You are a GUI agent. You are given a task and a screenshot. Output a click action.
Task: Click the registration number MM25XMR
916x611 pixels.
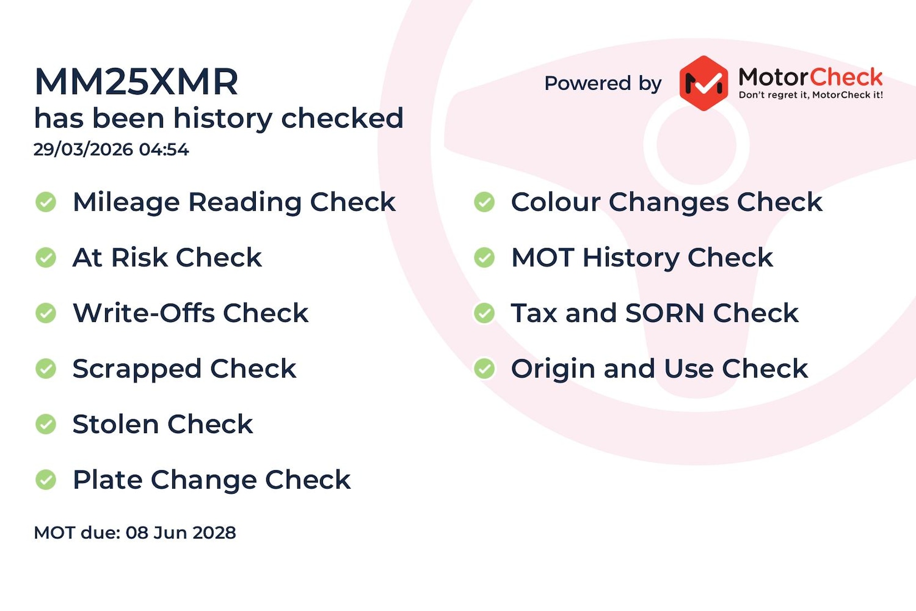click(136, 81)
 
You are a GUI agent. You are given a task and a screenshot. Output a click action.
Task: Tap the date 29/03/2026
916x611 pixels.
click(83, 149)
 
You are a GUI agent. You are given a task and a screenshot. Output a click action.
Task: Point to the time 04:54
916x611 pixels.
click(164, 149)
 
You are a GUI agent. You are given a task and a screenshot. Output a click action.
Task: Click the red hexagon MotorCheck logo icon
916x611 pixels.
click(703, 83)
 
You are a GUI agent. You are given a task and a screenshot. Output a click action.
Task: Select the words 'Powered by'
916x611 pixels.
click(603, 84)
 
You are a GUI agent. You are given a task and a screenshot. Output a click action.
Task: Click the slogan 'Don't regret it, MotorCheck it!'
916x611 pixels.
click(810, 95)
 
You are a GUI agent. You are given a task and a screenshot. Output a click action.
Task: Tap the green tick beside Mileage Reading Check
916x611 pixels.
click(46, 202)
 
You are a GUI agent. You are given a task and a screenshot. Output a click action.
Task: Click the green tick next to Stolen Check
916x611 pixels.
click(46, 424)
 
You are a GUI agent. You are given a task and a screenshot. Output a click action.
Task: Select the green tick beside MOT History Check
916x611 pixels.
click(485, 258)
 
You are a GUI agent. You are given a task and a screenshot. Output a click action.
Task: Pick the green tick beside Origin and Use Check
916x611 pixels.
click(485, 368)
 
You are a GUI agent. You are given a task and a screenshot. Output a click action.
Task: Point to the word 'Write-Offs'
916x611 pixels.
click(144, 313)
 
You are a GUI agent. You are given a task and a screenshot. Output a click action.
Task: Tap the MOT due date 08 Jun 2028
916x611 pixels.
click(181, 533)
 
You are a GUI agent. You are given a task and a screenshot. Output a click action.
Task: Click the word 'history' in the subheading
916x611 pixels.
click(222, 119)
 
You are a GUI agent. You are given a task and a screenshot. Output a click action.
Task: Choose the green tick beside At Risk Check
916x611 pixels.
click(46, 258)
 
